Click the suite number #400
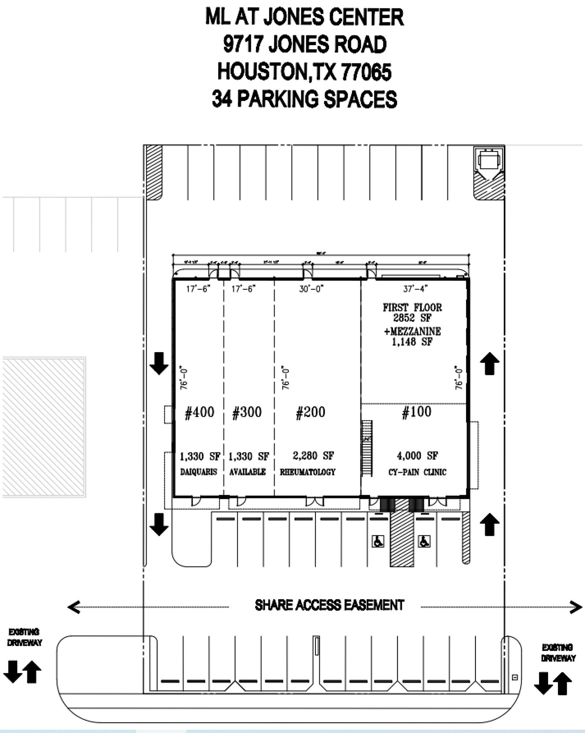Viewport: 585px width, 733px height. (199, 412)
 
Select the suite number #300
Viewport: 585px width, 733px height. (247, 412)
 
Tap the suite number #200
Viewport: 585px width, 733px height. (310, 412)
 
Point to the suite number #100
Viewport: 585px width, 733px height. (416, 412)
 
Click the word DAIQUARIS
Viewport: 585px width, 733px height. (199, 472)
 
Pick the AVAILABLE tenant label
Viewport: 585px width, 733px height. (248, 472)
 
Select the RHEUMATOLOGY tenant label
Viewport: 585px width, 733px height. (308, 472)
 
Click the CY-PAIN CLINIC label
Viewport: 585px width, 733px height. (417, 472)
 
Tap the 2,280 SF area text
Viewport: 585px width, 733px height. (313, 456)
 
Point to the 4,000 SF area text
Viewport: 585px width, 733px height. (417, 456)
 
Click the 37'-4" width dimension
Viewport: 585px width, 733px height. (415, 289)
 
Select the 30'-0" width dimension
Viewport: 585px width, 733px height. (311, 289)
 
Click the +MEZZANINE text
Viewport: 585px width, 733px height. (412, 331)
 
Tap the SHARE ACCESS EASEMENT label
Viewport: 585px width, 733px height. (329, 605)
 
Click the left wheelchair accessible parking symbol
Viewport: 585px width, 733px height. (378, 541)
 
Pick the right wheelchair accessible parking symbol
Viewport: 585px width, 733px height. (424, 541)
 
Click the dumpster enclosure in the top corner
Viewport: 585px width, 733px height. (489, 160)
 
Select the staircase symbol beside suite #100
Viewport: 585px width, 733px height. (367, 448)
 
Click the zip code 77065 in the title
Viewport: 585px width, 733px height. (366, 72)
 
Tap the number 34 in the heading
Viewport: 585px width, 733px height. (222, 99)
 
